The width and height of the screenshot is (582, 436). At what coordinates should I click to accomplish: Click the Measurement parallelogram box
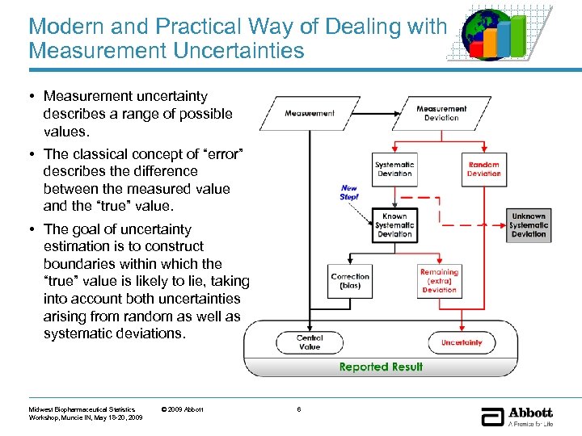pos(309,114)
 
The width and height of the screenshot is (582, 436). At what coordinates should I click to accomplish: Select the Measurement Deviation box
pos(441,113)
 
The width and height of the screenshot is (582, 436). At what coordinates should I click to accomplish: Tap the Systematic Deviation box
pos(394,169)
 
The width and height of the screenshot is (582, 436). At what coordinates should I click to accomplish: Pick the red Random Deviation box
pos(483,169)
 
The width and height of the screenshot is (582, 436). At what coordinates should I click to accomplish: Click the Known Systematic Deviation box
pos(394,225)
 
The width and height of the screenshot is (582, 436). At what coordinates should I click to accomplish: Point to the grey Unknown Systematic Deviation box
pos(529,225)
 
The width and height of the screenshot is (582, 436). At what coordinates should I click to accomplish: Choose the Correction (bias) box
pos(350,281)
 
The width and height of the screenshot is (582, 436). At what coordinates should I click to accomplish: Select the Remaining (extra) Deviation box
pos(439,281)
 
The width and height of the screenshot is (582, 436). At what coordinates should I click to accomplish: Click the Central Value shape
pos(310,342)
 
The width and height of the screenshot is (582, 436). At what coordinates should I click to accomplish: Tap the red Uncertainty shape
pos(461,342)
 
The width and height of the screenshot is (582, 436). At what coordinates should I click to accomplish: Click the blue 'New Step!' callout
pos(348,192)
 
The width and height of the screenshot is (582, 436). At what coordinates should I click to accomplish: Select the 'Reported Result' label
pos(381,367)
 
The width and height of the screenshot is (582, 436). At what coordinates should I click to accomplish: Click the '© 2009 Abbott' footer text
pos(183,409)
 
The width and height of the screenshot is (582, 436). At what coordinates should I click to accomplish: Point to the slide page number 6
pos(299,409)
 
